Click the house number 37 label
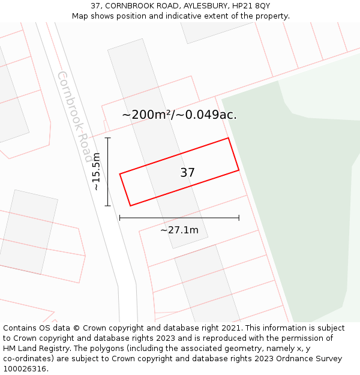pyautogui.click(x=187, y=173)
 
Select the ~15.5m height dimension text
pyautogui.click(x=97, y=172)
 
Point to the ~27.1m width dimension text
pyautogui.click(x=179, y=230)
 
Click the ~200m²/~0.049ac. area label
pyautogui.click(x=179, y=115)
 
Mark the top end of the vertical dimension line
pyautogui.click(x=108, y=138)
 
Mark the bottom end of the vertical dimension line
pyautogui.click(x=108, y=206)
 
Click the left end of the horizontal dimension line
pyautogui.click(x=120, y=218)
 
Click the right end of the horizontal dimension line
pyautogui.click(x=239, y=218)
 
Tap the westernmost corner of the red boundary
pyautogui.click(x=120, y=174)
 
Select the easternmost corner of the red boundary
pyautogui.click(x=239, y=170)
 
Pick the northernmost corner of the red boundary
pyautogui.click(x=228, y=138)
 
